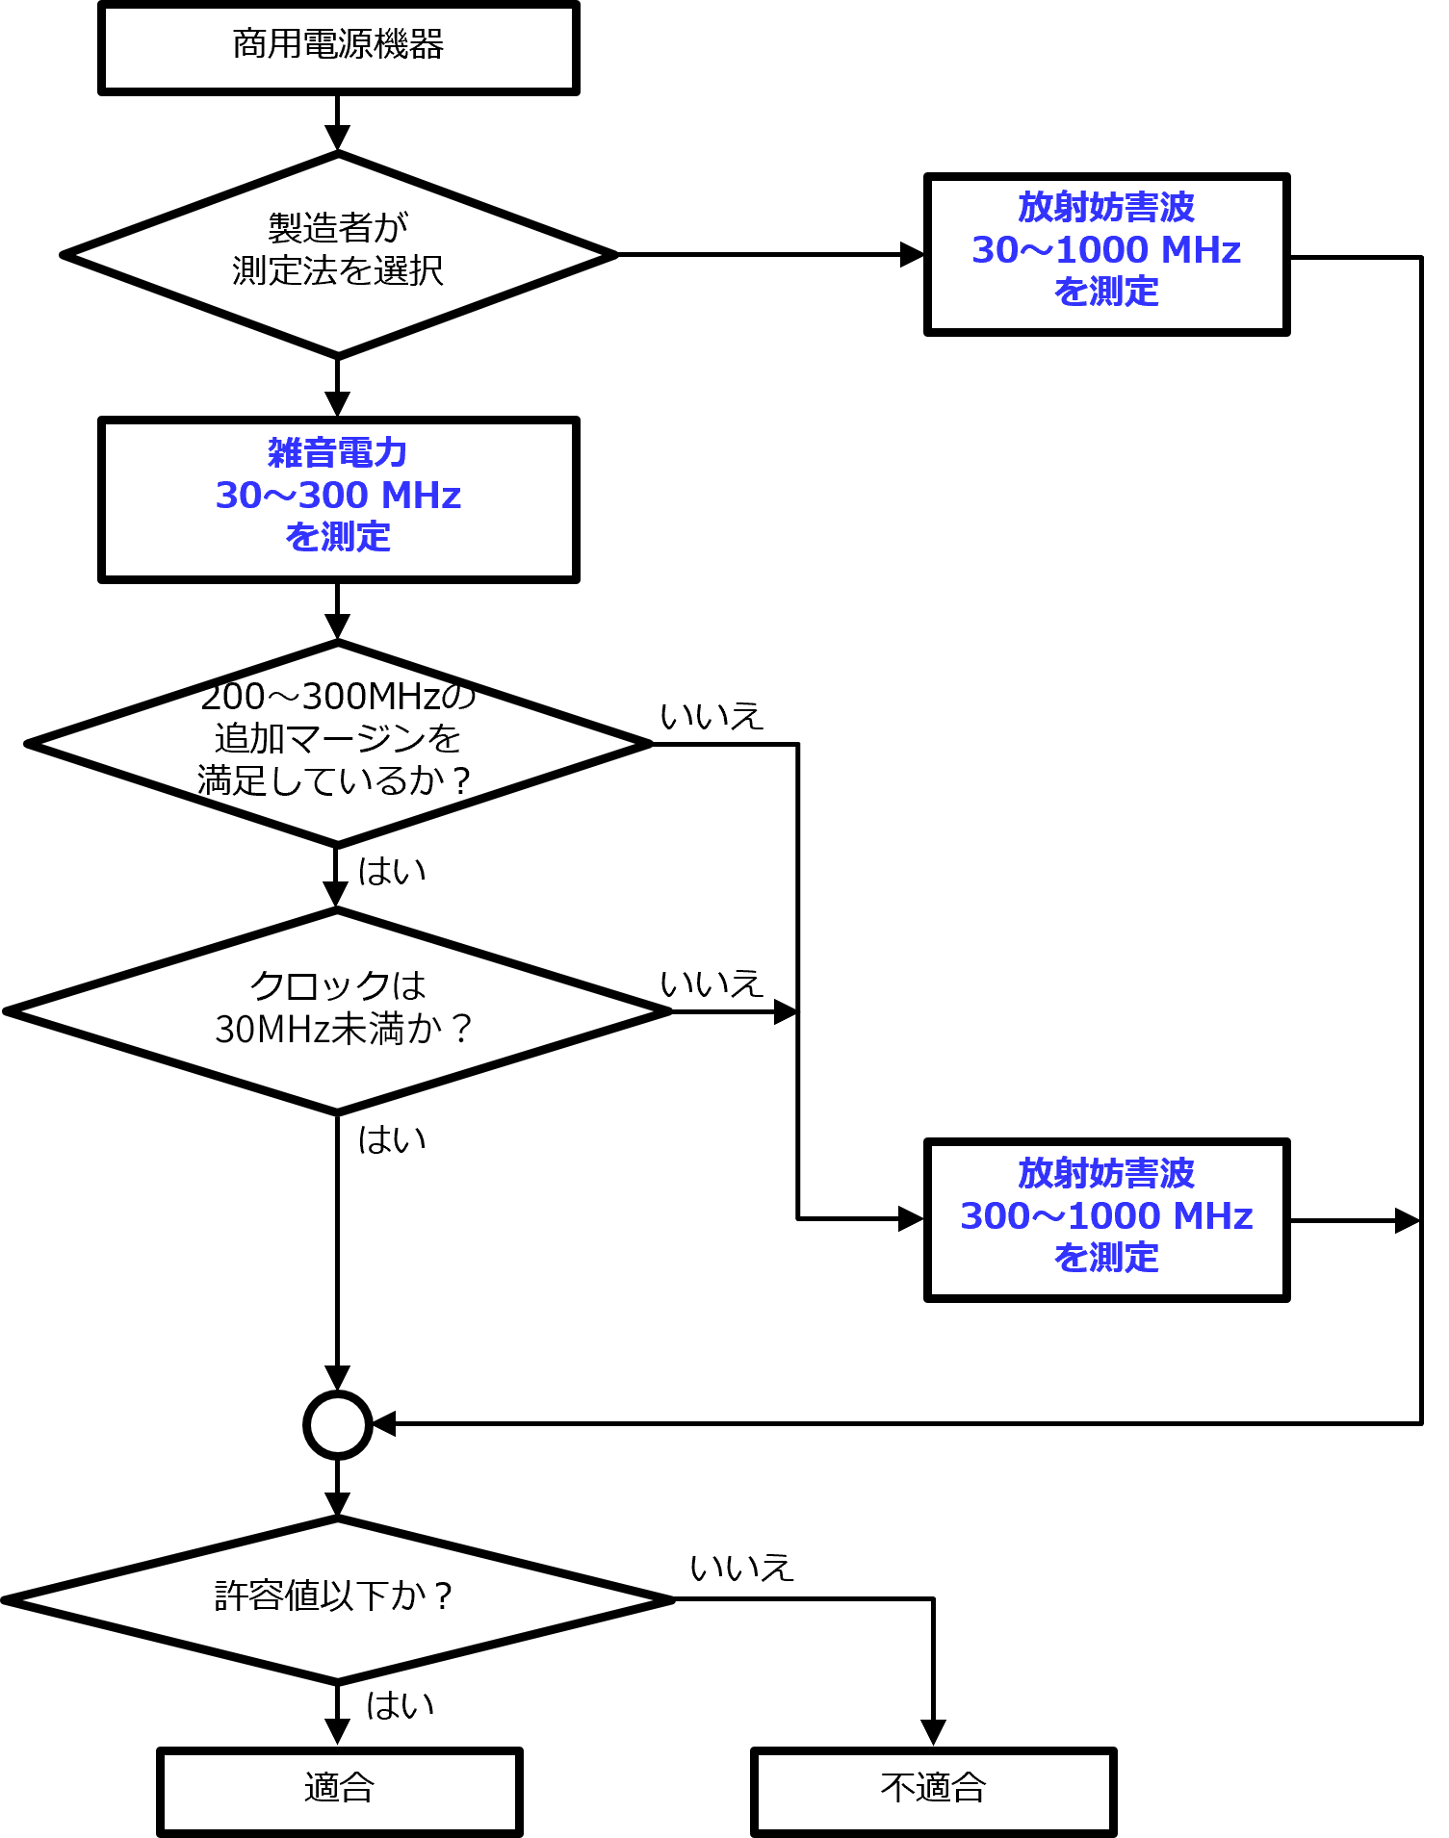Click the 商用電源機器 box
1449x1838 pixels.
[338, 47]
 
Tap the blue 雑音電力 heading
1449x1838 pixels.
[338, 452]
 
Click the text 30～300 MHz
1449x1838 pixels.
[338, 496]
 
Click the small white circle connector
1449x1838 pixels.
[338, 1425]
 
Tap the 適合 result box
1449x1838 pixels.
[339, 1791]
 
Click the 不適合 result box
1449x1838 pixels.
[933, 1791]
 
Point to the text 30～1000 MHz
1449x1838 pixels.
[1106, 250]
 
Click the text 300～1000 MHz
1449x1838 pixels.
[1106, 1216]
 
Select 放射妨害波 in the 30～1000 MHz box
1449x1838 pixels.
[1106, 207]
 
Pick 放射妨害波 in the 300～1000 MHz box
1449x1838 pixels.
[1106, 1173]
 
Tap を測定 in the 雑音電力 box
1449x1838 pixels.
[338, 537]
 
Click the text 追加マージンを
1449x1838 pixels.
[338, 738]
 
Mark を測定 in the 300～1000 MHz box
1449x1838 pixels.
[1106, 1258]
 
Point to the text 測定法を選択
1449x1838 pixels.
[338, 271]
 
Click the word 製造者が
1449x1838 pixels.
[338, 228]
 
